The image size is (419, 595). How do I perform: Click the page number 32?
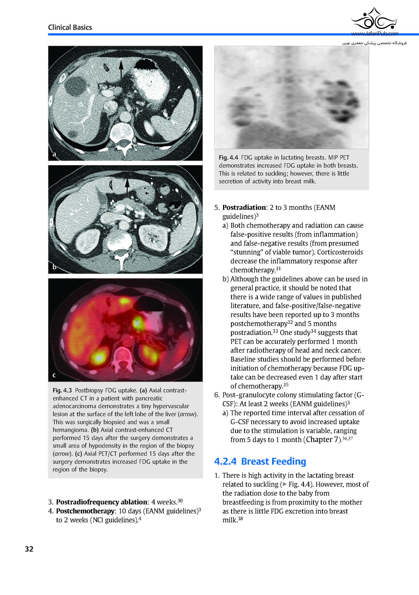pyautogui.click(x=29, y=549)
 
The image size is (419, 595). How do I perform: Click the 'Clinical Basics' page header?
pyautogui.click(x=70, y=27)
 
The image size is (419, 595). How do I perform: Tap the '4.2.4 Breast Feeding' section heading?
pyautogui.click(x=260, y=461)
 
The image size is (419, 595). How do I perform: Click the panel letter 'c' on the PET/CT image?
pyautogui.click(x=54, y=375)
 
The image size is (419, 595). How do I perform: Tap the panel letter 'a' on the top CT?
pyautogui.click(x=54, y=154)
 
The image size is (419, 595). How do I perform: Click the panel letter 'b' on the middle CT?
pyautogui.click(x=54, y=267)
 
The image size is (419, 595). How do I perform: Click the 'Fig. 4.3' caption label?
pyautogui.click(x=62, y=390)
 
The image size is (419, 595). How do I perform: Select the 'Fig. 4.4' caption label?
pyautogui.click(x=228, y=158)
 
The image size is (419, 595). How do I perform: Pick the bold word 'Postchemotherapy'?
pyautogui.click(x=85, y=511)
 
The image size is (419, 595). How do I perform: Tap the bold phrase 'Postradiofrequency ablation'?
pyautogui.click(x=101, y=502)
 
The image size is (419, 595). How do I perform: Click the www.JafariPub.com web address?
pyautogui.click(x=375, y=34)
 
